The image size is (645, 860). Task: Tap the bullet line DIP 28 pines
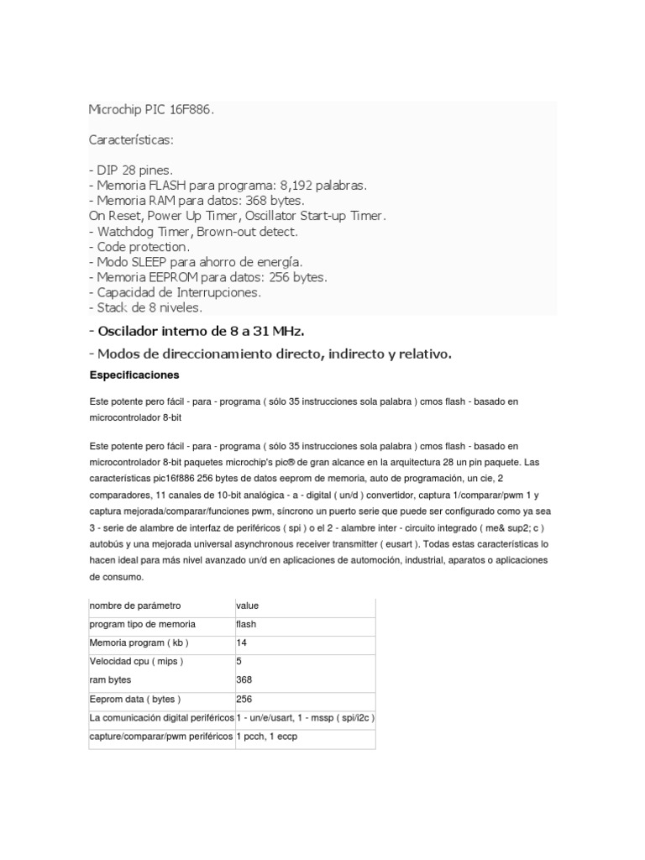coord(134,170)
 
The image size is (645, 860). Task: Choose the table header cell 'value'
coord(249,606)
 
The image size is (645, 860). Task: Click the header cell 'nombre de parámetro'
coord(134,606)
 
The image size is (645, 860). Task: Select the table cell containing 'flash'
coord(247,624)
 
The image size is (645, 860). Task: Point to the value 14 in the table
coord(242,642)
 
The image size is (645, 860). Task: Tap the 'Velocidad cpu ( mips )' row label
coord(136,661)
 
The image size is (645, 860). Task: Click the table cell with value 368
coord(244,679)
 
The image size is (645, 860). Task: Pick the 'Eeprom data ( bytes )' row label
coord(135,699)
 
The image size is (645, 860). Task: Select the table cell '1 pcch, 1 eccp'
coord(267,737)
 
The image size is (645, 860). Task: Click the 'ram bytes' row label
coord(110,679)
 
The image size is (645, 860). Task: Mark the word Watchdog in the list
coord(124,232)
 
